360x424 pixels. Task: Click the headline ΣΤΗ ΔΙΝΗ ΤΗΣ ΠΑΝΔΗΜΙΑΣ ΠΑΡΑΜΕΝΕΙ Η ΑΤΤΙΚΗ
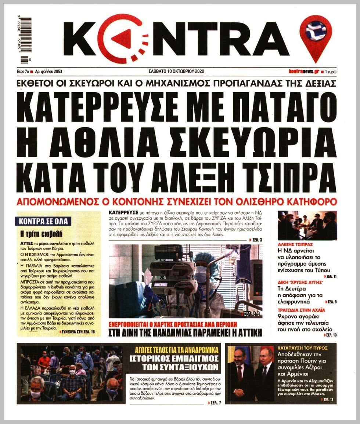pyautogui.click(x=186, y=333)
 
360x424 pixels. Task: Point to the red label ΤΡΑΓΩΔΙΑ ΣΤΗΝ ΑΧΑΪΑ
pyautogui.click(x=302, y=310)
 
